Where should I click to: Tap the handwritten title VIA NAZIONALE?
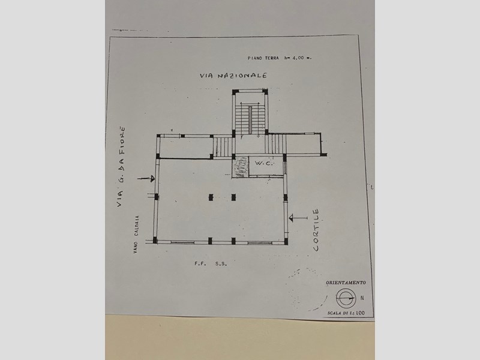pos(233,76)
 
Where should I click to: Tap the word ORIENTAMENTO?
pos(347,281)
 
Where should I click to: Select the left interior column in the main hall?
pos(209,196)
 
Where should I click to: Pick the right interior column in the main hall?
pos(233,196)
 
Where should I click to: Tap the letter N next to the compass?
pos(362,296)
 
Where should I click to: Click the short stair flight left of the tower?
pos(223,145)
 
